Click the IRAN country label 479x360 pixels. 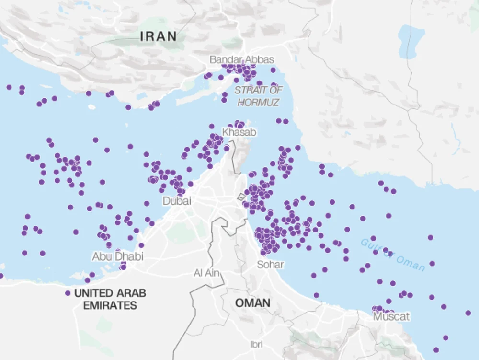coord(158,36)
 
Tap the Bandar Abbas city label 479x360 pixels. coord(242,60)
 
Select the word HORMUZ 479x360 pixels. coord(258,102)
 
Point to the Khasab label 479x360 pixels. coord(239,132)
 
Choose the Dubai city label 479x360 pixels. coord(176,201)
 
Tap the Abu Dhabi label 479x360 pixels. coord(117,256)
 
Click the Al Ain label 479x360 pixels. coord(205,273)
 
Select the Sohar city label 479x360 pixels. coord(270,265)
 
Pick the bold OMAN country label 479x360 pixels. coord(252,303)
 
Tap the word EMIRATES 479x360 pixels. coord(110,305)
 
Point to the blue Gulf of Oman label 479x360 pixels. coord(393,255)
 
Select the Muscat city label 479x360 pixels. coord(391,317)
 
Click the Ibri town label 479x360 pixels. coord(256,344)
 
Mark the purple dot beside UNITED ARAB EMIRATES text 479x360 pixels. coord(68,293)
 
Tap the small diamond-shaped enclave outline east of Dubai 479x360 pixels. coord(241,196)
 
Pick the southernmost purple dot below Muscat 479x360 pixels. coord(436,350)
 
